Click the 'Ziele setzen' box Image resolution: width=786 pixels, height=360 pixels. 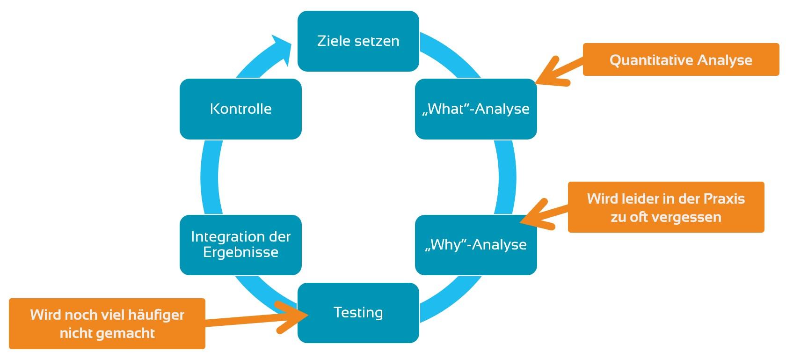(x=358, y=41)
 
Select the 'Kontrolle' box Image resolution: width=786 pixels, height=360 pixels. (x=240, y=109)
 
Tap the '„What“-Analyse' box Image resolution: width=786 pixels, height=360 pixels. (x=476, y=109)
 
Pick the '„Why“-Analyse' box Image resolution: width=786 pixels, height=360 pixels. (x=476, y=245)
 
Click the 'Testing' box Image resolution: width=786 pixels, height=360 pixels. (x=358, y=313)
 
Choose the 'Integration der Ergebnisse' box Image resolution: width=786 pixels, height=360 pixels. (x=240, y=245)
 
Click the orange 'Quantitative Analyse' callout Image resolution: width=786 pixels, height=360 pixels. (x=681, y=60)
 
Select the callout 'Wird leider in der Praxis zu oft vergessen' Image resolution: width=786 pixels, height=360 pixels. (x=666, y=207)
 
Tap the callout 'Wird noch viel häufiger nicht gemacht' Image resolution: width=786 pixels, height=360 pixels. (x=107, y=323)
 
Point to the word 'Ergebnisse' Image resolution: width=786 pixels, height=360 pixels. (x=240, y=252)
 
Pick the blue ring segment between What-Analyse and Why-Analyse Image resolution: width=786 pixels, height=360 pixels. (x=505, y=177)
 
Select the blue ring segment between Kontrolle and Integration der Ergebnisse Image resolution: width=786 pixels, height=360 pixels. (x=210, y=177)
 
